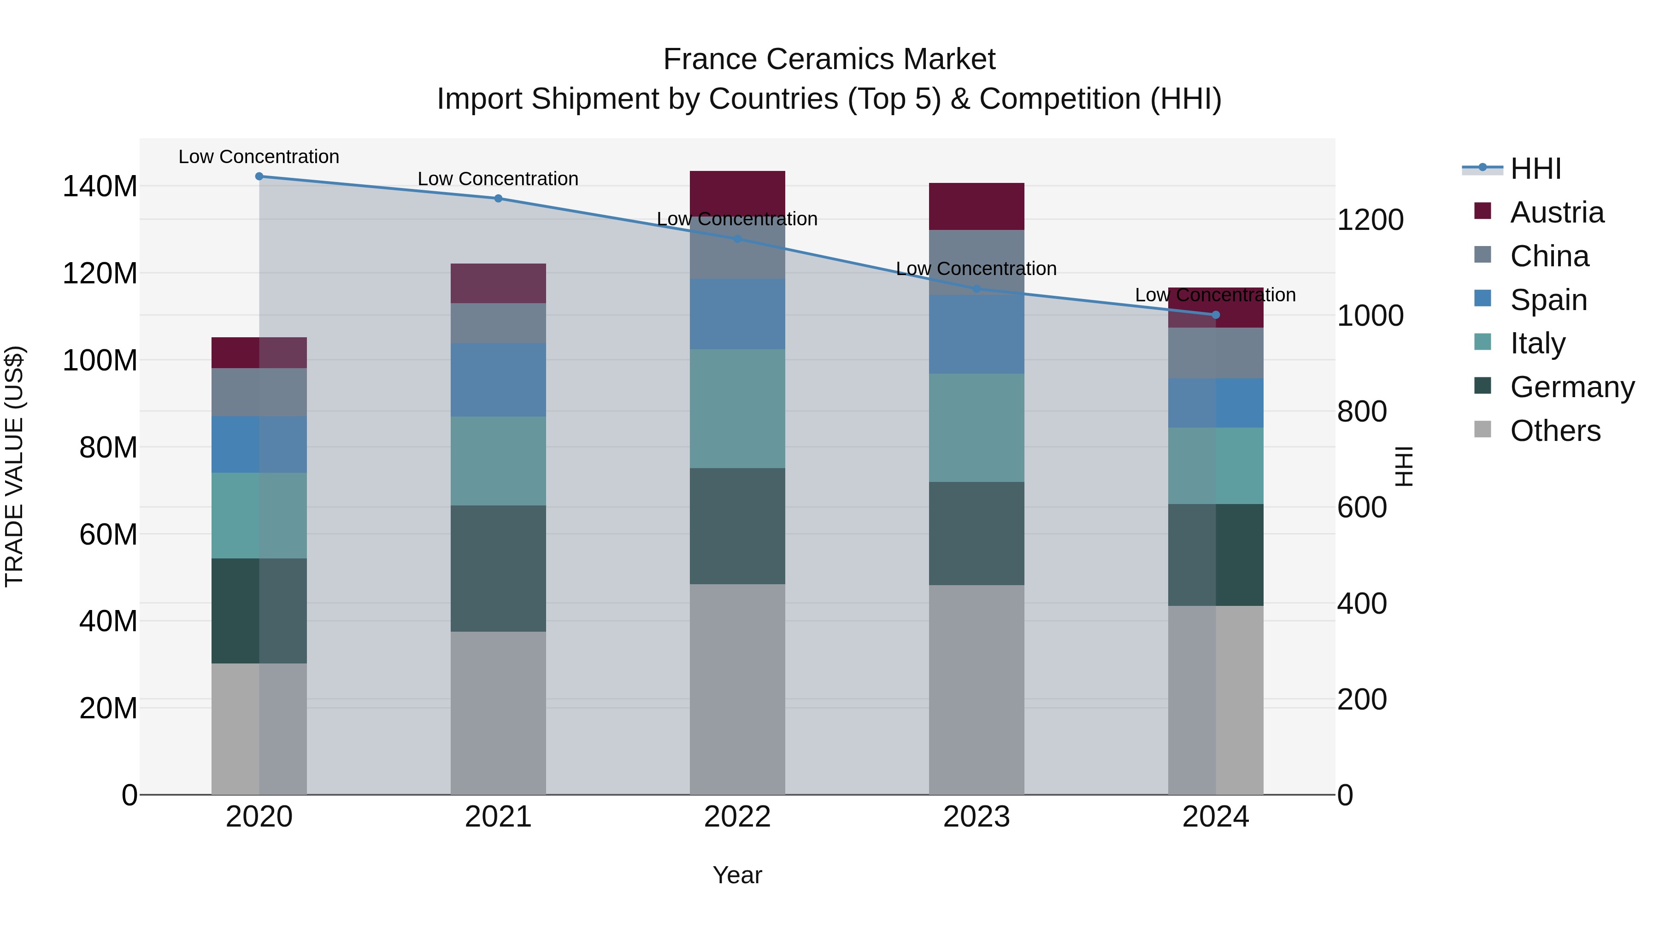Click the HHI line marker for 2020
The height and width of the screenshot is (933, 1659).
pos(259,176)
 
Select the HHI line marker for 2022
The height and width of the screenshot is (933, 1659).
pos(737,239)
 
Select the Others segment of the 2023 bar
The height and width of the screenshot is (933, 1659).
pos(977,689)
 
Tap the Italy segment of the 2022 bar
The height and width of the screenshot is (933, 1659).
pos(737,408)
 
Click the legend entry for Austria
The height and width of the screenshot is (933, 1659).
pos(1557,212)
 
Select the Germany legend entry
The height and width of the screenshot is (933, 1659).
pos(1572,387)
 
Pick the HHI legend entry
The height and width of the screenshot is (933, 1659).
pos(1535,169)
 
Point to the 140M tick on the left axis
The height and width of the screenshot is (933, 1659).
pos(100,187)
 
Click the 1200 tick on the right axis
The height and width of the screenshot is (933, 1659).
pos(1371,220)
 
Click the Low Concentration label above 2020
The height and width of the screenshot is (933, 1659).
pos(259,157)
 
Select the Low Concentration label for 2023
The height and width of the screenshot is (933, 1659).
pos(977,269)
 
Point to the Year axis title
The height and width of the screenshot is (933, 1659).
pos(737,875)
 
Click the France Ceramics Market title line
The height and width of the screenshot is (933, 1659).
pos(829,59)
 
